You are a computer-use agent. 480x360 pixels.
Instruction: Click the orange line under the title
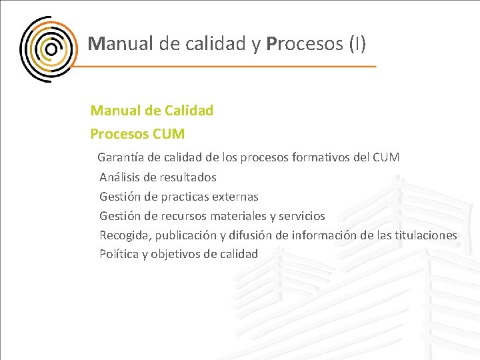coord(227,67)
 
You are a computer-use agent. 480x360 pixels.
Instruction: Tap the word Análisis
coord(119,177)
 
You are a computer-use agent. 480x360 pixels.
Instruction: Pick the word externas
coord(235,197)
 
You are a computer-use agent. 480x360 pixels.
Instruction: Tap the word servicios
coord(302,216)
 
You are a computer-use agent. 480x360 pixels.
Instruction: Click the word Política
coord(118,254)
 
